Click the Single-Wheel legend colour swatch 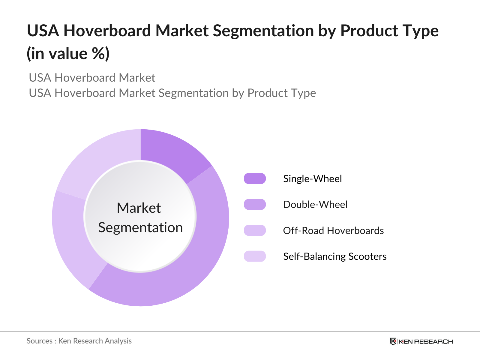click(x=255, y=178)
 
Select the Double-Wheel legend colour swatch click(x=255, y=204)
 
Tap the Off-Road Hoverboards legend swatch click(x=255, y=230)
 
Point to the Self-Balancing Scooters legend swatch click(x=255, y=256)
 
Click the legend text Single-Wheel click(x=312, y=178)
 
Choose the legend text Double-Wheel click(x=315, y=204)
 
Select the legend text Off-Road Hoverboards click(x=333, y=230)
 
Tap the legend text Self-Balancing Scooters click(x=334, y=256)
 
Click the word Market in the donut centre click(x=139, y=208)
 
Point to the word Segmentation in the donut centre click(x=140, y=227)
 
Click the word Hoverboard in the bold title click(x=107, y=31)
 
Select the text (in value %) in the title click(x=68, y=54)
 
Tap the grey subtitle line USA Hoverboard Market click(x=92, y=78)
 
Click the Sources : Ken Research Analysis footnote click(x=79, y=341)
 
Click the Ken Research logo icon click(x=393, y=341)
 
